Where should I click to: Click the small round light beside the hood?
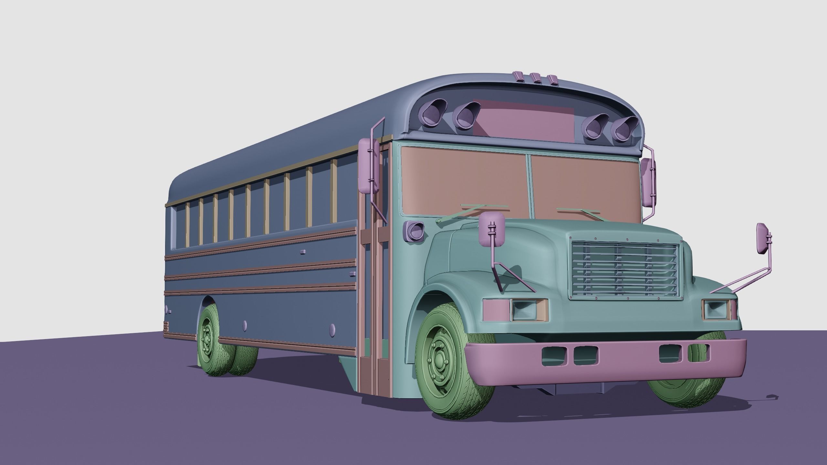point(414,231)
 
